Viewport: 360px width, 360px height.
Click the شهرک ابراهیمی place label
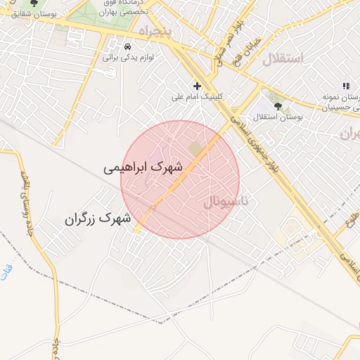tap(143, 168)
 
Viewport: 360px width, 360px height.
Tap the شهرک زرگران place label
tap(99, 219)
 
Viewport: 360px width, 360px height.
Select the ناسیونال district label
tap(226, 202)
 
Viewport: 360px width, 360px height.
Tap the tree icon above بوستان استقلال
tap(278, 105)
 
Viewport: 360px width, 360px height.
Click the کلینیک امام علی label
tap(198, 97)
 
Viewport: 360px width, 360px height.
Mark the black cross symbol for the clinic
tap(198, 86)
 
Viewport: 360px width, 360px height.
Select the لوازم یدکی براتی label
tap(129, 57)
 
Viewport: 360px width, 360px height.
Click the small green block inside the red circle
tap(194, 148)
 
